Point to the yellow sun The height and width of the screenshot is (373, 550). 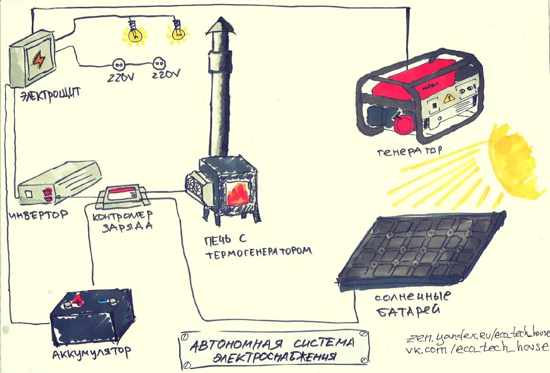pyautogui.click(x=516, y=160)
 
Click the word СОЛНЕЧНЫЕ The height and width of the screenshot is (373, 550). pyautogui.click(x=412, y=297)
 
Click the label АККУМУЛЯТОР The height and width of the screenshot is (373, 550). pyautogui.click(x=92, y=353)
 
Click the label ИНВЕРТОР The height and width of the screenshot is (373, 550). pyautogui.click(x=38, y=214)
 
